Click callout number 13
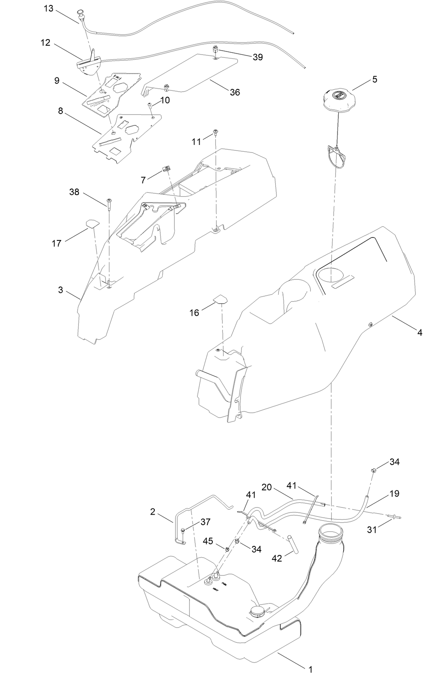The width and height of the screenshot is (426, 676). coord(49,8)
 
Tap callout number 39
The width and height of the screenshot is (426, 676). coord(258,57)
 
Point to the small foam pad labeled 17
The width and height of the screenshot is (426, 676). coord(93,224)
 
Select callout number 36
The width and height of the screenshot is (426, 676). coord(235,92)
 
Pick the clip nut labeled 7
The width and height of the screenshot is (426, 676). coord(167,168)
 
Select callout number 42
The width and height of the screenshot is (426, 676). coord(277,558)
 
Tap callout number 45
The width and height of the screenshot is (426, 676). coord(208,541)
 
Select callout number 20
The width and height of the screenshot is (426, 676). coord(267,487)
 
